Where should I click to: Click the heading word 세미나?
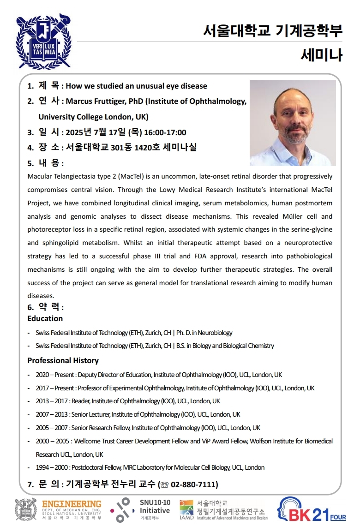click(x=321, y=55)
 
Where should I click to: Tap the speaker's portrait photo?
click(x=293, y=123)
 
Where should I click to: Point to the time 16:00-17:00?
click(x=165, y=132)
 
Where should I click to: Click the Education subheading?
click(x=45, y=318)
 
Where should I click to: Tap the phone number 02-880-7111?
click(x=194, y=484)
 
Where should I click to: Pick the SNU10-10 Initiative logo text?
click(x=155, y=507)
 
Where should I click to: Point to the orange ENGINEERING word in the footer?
click(x=72, y=504)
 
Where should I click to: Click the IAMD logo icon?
click(x=187, y=508)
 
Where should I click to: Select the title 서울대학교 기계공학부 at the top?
click(x=273, y=30)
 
